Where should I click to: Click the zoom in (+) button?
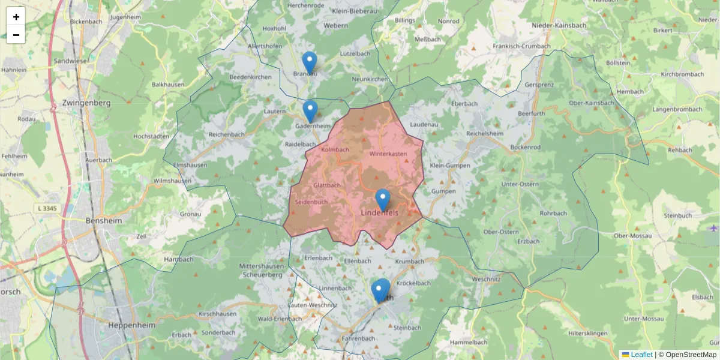pyautogui.click(x=16, y=17)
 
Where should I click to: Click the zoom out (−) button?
pyautogui.click(x=16, y=35)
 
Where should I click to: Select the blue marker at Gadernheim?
pyautogui.click(x=310, y=111)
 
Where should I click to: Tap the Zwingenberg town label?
pyautogui.click(x=86, y=103)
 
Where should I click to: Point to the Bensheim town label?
pyautogui.click(x=104, y=220)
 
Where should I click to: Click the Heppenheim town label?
pyautogui.click(x=131, y=325)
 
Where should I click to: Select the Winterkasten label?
pyautogui.click(x=388, y=154)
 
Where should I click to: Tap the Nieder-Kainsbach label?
pyautogui.click(x=559, y=25)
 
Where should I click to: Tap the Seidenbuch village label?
pyautogui.click(x=311, y=202)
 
